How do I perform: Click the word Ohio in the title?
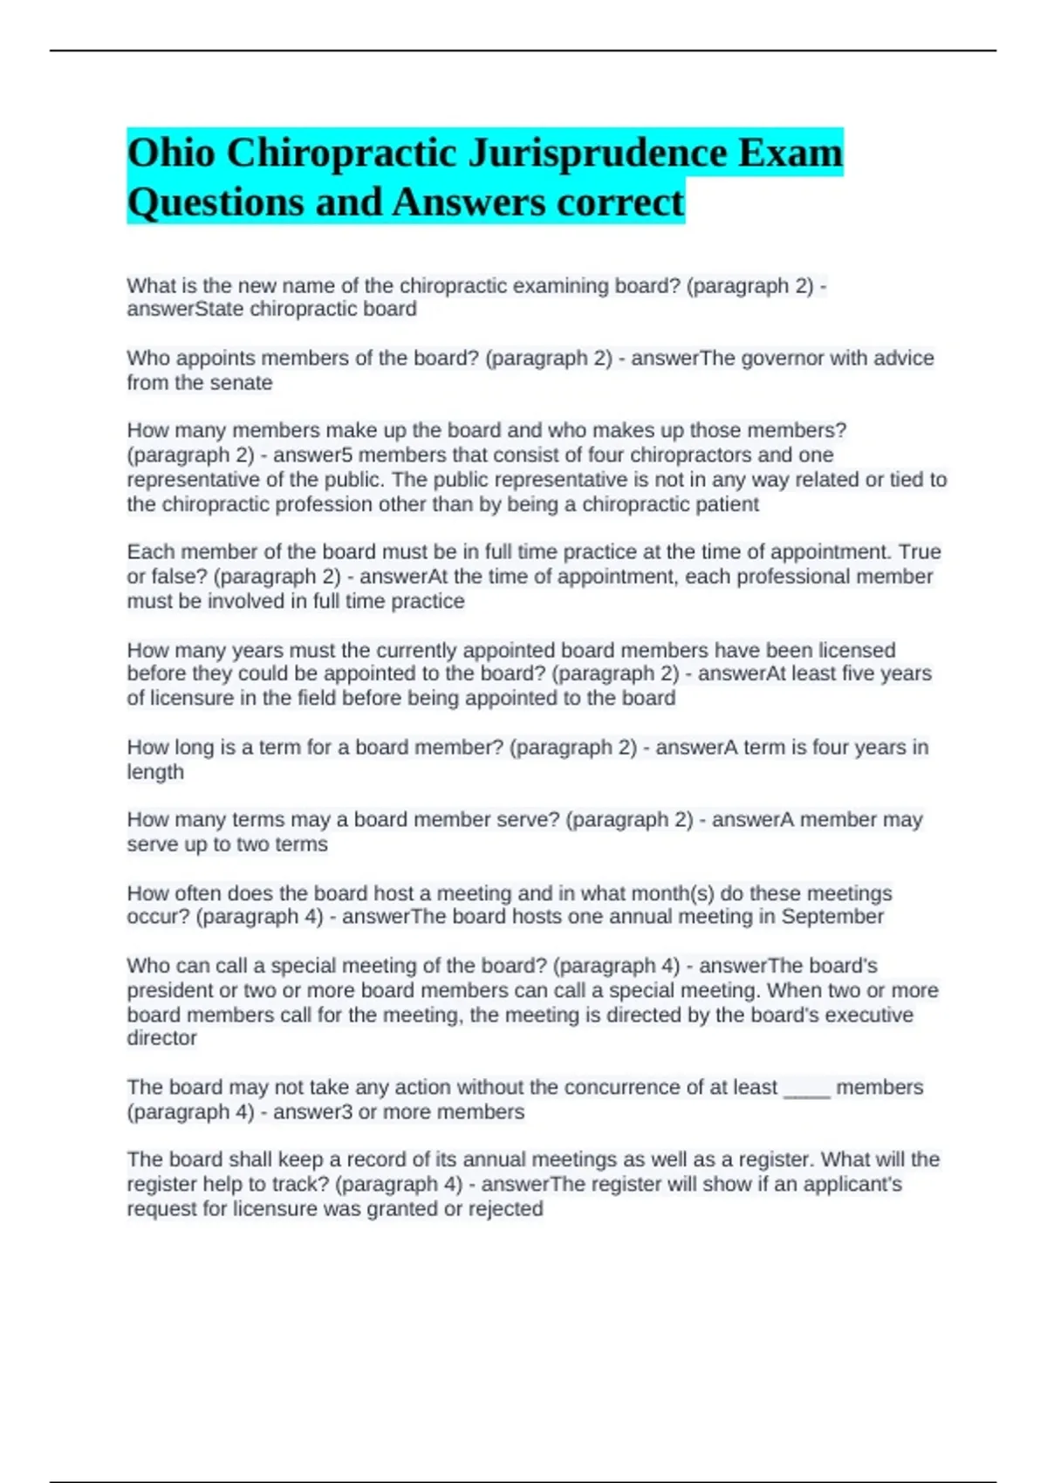coord(171,154)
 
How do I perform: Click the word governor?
coord(782,359)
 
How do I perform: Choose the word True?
coord(920,552)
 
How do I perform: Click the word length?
coord(155,772)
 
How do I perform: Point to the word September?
coord(832,917)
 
